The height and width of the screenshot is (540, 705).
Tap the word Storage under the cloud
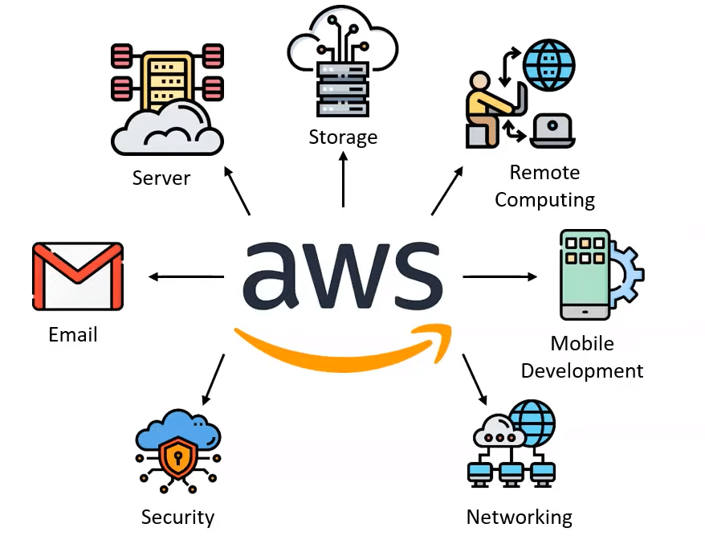343,137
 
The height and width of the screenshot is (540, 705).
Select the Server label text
161,177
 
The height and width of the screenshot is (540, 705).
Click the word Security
177,517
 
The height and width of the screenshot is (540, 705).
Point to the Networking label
519,517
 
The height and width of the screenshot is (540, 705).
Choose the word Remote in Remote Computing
544,172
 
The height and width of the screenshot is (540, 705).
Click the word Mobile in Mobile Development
581,343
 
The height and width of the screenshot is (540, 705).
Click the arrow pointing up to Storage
343,181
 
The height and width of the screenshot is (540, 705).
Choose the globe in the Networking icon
532,423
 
